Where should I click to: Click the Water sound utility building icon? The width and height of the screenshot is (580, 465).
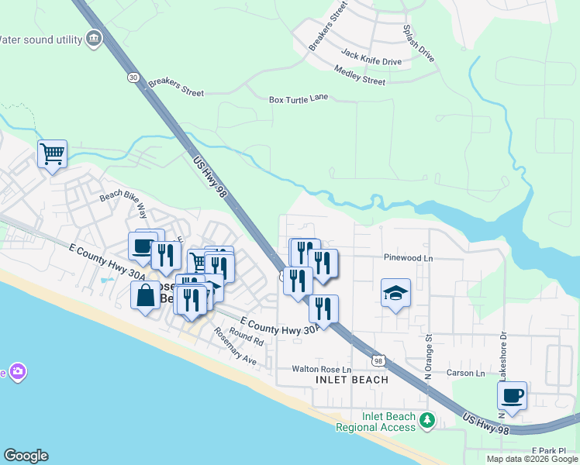[95, 38]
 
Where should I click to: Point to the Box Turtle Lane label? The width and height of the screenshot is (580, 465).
[299, 98]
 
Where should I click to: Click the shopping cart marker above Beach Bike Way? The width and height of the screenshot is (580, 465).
[52, 153]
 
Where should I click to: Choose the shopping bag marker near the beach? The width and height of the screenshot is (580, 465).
[145, 294]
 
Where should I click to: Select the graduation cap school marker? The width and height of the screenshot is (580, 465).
[395, 293]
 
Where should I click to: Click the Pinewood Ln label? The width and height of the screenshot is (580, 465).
[407, 257]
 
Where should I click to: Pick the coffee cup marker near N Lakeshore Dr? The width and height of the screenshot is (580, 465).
[512, 395]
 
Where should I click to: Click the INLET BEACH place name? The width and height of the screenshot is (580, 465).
[352, 381]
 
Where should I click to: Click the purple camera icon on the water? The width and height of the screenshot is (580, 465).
[17, 372]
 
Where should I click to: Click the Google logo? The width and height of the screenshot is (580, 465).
[26, 456]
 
